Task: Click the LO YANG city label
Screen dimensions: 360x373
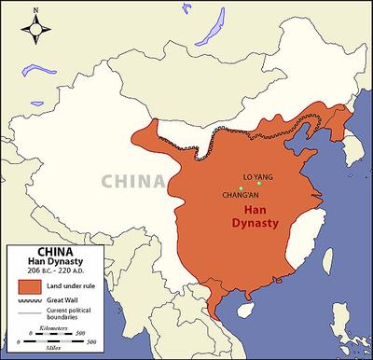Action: pos(258,175)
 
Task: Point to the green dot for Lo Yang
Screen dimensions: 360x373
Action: pos(260,184)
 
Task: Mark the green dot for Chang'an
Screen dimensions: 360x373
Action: pos(240,188)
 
